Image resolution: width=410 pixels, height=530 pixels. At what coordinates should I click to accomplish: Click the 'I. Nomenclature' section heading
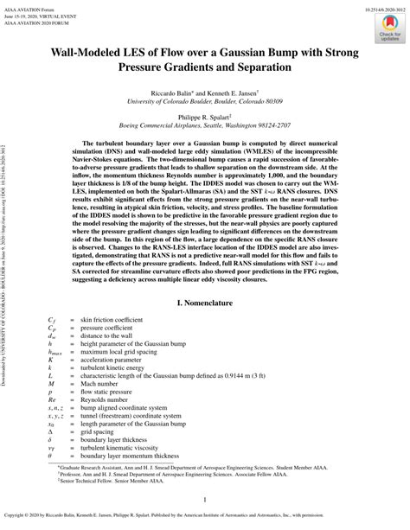[x=206, y=305]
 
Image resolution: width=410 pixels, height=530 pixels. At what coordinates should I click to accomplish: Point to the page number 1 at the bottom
[x=205, y=499]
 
